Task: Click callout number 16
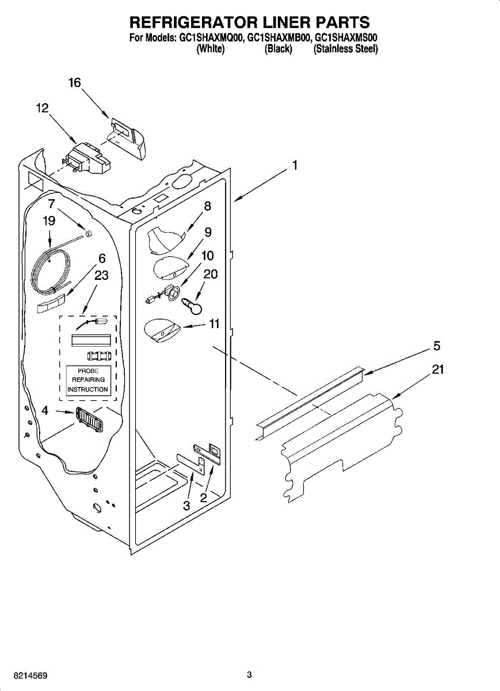[75, 83]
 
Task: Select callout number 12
[42, 108]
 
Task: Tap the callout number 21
[438, 370]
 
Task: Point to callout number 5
[437, 346]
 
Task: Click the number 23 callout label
[101, 275]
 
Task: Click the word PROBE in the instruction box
[88, 371]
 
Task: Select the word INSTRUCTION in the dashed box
[88, 389]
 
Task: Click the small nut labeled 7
[89, 233]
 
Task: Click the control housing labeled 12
[86, 159]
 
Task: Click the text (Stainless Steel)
[345, 50]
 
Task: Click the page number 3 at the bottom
[249, 674]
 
